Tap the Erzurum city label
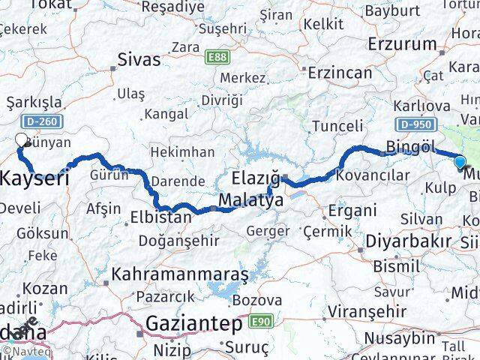point(400,43)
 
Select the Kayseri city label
point(34,178)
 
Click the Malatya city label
point(251,201)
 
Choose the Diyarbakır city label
point(409,241)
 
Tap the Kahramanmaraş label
point(179,274)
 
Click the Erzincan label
point(342,73)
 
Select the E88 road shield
point(218,55)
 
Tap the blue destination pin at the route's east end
point(460,160)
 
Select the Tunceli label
point(337,125)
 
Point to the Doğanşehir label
point(178,241)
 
